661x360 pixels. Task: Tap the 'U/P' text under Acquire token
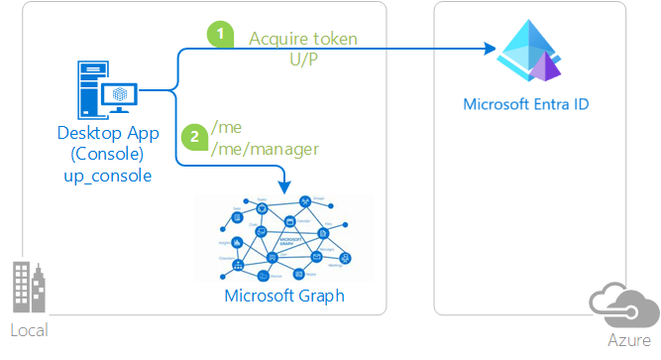(x=302, y=59)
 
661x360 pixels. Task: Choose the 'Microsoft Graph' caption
(x=287, y=295)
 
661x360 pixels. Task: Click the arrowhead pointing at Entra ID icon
(x=489, y=49)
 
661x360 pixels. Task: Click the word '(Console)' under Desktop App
(x=104, y=156)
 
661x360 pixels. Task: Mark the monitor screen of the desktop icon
(x=120, y=91)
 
